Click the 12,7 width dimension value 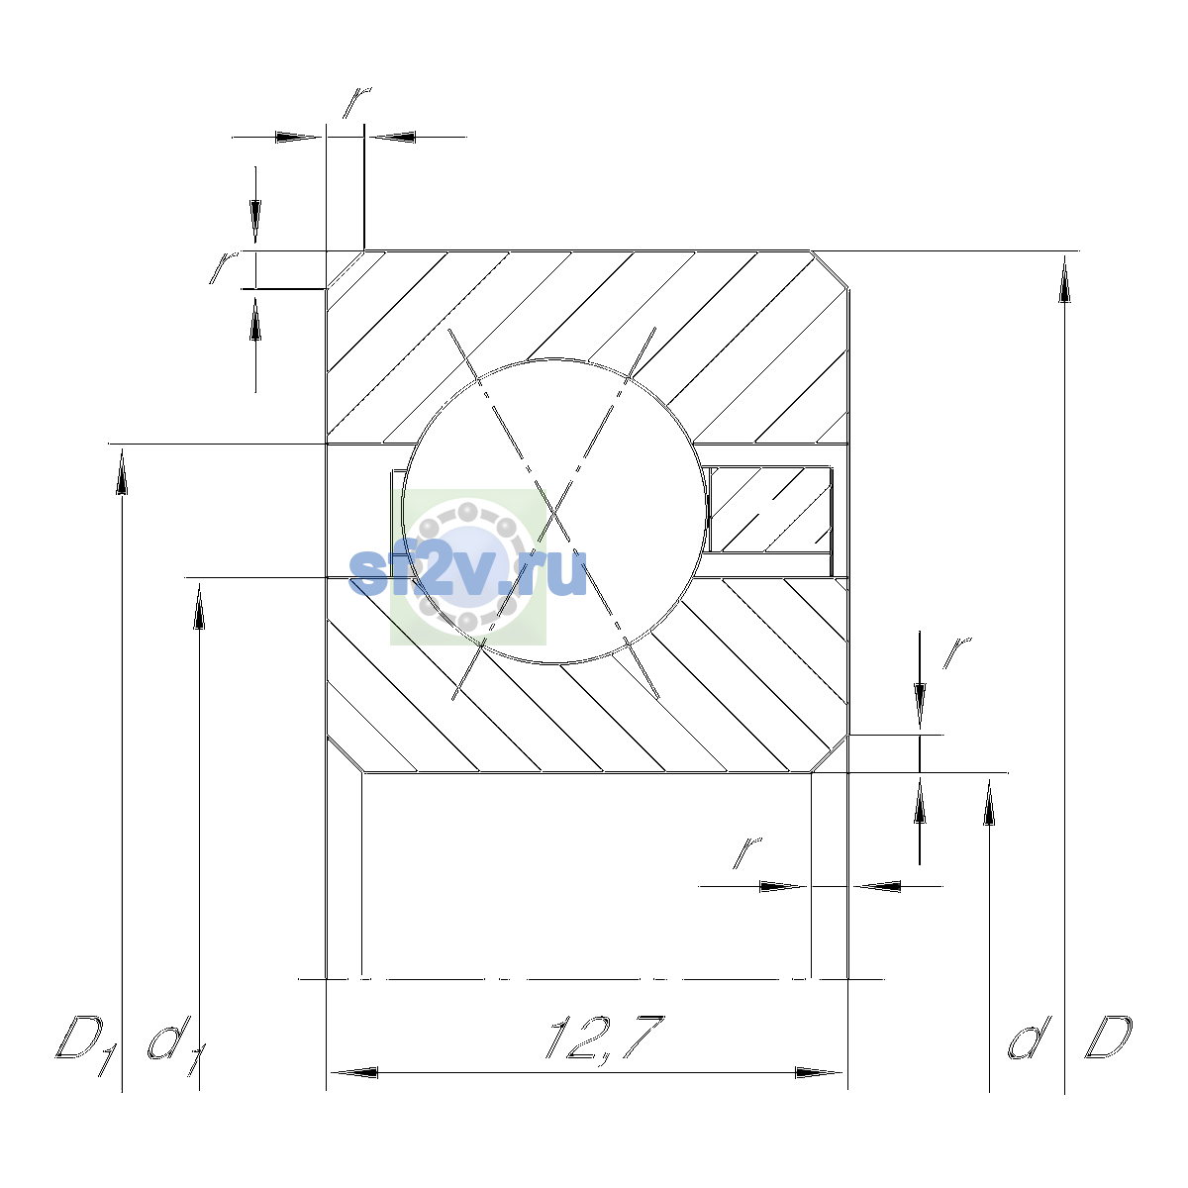coord(605,1039)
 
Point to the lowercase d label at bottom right coord(1029,1039)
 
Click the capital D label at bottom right coord(1109,1039)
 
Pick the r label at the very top coord(357,102)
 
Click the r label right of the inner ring coord(956,653)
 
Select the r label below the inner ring coord(747,853)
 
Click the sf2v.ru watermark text coord(467,572)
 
